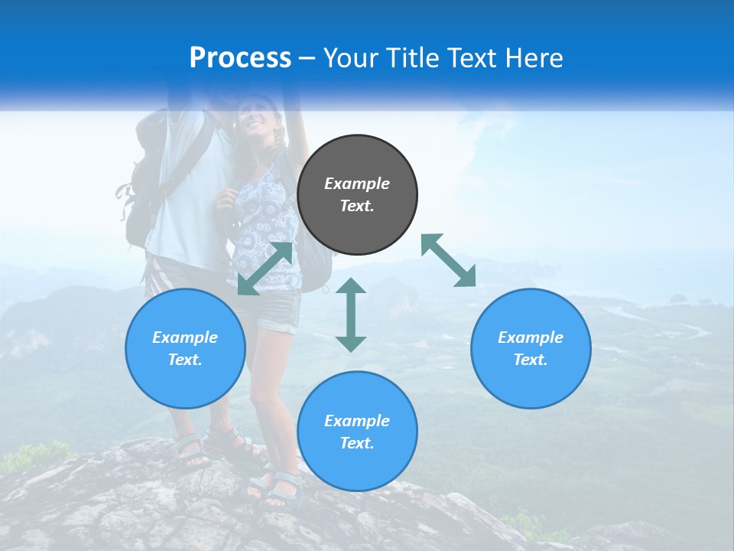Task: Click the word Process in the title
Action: pyautogui.click(x=240, y=58)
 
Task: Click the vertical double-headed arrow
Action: pyautogui.click(x=351, y=315)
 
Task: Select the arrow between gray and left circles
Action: pyautogui.click(x=265, y=269)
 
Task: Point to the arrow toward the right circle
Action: pyautogui.click(x=449, y=260)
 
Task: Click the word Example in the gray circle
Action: pyautogui.click(x=357, y=184)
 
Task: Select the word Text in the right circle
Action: pyautogui.click(x=531, y=360)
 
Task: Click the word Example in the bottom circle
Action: pyautogui.click(x=357, y=421)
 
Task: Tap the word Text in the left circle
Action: pyautogui.click(x=185, y=360)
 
